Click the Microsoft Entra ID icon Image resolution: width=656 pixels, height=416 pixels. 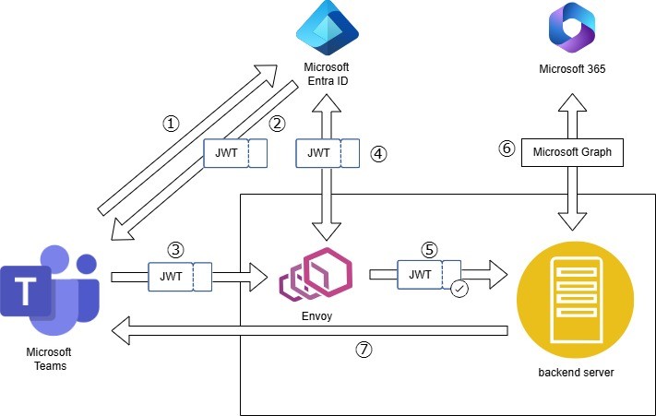[x=326, y=31]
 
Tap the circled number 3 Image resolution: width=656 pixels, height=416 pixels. [x=176, y=249]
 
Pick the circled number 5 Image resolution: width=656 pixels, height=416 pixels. [x=427, y=249]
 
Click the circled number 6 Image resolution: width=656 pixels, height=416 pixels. [x=507, y=149]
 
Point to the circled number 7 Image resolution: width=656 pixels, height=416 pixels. [x=364, y=350]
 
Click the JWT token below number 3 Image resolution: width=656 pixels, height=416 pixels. [x=180, y=275]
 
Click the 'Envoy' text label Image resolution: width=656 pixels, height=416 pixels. [x=316, y=316]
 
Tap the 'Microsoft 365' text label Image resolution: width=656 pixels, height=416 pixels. [x=572, y=69]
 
